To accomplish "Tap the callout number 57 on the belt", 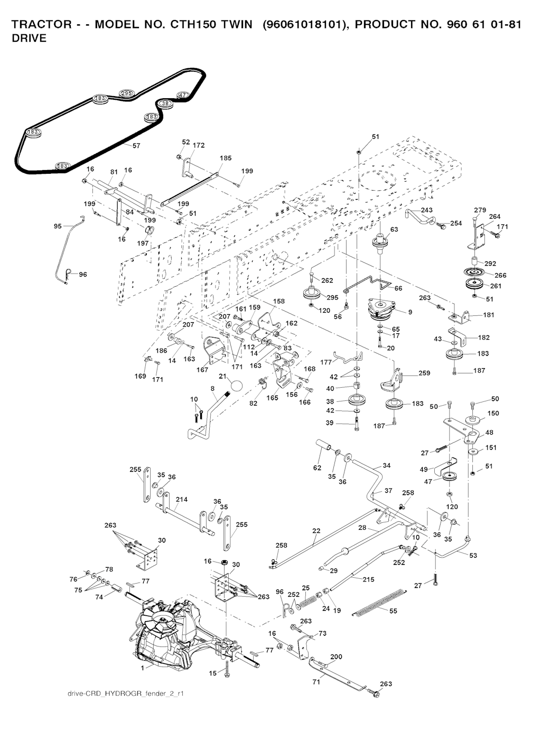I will pyautogui.click(x=136, y=146).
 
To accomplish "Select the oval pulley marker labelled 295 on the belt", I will pyautogui.click(x=126, y=93).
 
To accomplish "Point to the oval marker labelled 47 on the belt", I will pyautogui.click(x=182, y=95).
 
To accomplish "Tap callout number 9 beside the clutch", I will pyautogui.click(x=410, y=312).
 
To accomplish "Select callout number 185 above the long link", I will pyautogui.click(x=226, y=158).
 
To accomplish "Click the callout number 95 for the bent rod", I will pyautogui.click(x=58, y=226).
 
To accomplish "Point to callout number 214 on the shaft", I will pyautogui.click(x=182, y=499).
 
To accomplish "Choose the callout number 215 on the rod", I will pyautogui.click(x=368, y=579).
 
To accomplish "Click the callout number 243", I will pyautogui.click(x=427, y=210).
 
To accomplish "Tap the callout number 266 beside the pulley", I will pyautogui.click(x=500, y=275).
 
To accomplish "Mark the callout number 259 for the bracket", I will pyautogui.click(x=424, y=373).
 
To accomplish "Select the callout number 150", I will pyautogui.click(x=493, y=413).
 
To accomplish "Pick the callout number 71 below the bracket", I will pyautogui.click(x=316, y=682).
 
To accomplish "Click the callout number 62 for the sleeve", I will pyautogui.click(x=317, y=467).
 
